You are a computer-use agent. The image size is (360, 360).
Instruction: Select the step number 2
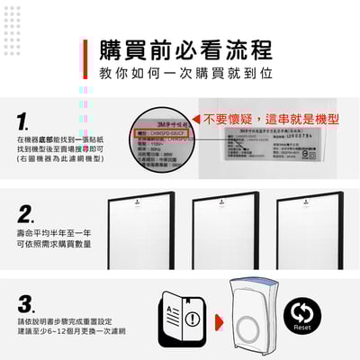(x=26, y=213)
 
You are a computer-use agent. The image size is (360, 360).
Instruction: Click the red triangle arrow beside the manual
(x=220, y=317)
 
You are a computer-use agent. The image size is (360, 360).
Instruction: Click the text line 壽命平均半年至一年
(x=52, y=233)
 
